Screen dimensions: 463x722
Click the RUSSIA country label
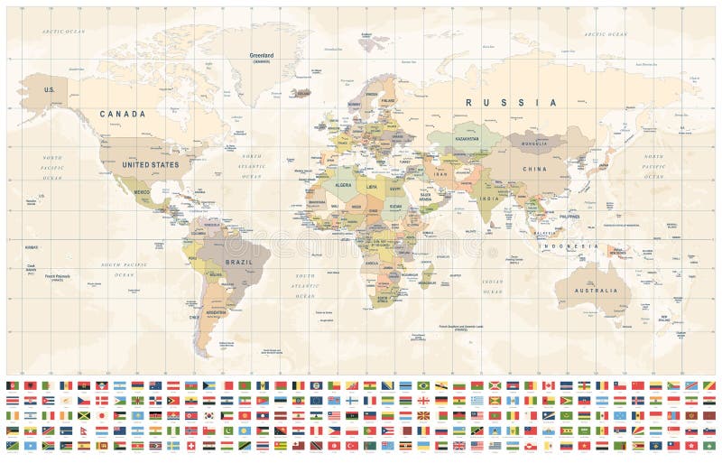511,103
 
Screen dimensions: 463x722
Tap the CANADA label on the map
122,115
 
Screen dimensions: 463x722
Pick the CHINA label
533,169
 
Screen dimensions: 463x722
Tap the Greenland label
262,55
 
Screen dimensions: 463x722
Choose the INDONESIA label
577,245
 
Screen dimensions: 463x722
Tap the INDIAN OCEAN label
492,286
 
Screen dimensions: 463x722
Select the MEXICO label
141,192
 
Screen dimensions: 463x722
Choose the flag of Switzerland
190,446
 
